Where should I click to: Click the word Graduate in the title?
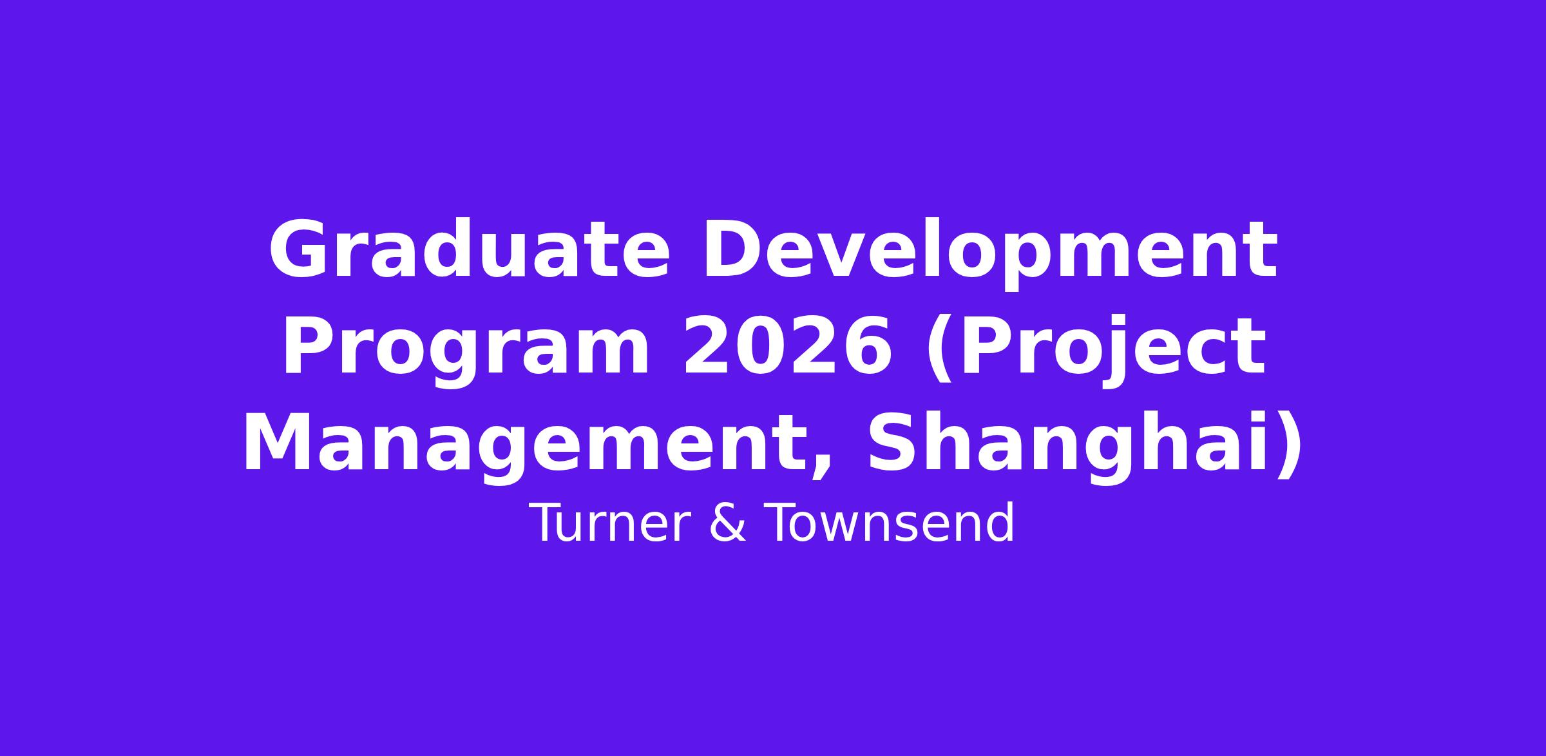pyautogui.click(x=469, y=249)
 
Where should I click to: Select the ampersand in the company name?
pyautogui.click(x=728, y=523)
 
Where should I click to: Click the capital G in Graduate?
pyautogui.click(x=296, y=249)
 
